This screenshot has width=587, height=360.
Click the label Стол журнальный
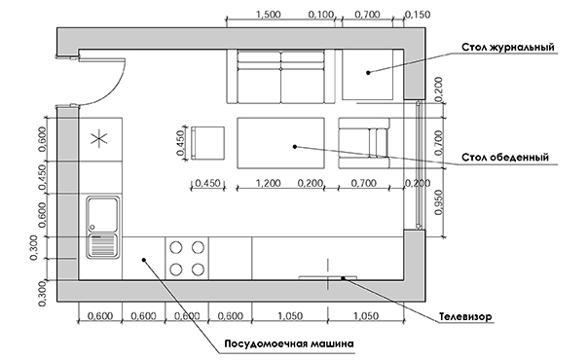[507, 48]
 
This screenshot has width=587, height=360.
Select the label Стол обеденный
[505, 158]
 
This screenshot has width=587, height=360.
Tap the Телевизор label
[465, 317]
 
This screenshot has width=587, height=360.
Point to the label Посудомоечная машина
[289, 343]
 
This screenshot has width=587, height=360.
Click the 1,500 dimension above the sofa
[269, 15]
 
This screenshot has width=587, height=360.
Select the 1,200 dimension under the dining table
[268, 183]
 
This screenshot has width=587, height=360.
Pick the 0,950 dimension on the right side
[439, 202]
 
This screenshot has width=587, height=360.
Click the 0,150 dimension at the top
[418, 15]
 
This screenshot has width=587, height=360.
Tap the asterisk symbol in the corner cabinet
[99, 138]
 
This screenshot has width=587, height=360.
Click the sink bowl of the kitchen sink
[102, 215]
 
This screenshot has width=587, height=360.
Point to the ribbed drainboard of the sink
[102, 246]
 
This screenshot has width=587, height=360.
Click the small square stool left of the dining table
[207, 143]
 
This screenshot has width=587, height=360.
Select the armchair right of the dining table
[364, 143]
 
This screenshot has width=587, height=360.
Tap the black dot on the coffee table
[368, 73]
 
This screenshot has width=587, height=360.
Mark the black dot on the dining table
[295, 147]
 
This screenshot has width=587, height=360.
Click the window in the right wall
[419, 164]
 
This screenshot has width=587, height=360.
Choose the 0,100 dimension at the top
[321, 15]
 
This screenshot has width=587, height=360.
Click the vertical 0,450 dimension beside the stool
[181, 143]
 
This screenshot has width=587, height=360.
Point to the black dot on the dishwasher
[143, 260]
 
